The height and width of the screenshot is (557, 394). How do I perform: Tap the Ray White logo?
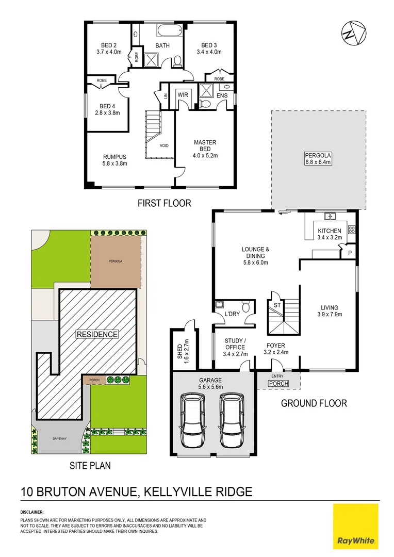coord(356,527)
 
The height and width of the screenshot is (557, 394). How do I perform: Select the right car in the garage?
coord(231,421)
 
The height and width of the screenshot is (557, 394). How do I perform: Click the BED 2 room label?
coord(108,48)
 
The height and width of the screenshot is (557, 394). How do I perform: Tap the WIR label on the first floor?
coord(183,95)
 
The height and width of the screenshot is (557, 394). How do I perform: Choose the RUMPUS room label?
coord(114,160)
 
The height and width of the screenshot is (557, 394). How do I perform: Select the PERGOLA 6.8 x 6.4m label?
coord(318,158)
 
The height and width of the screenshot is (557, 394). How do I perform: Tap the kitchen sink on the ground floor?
coord(330,216)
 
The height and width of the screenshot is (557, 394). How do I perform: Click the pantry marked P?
coord(350,253)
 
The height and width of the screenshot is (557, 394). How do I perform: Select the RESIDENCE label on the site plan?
coord(97,334)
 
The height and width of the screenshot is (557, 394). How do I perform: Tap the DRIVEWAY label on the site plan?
coord(60,438)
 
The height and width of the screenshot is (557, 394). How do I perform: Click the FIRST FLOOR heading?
coord(164,203)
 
